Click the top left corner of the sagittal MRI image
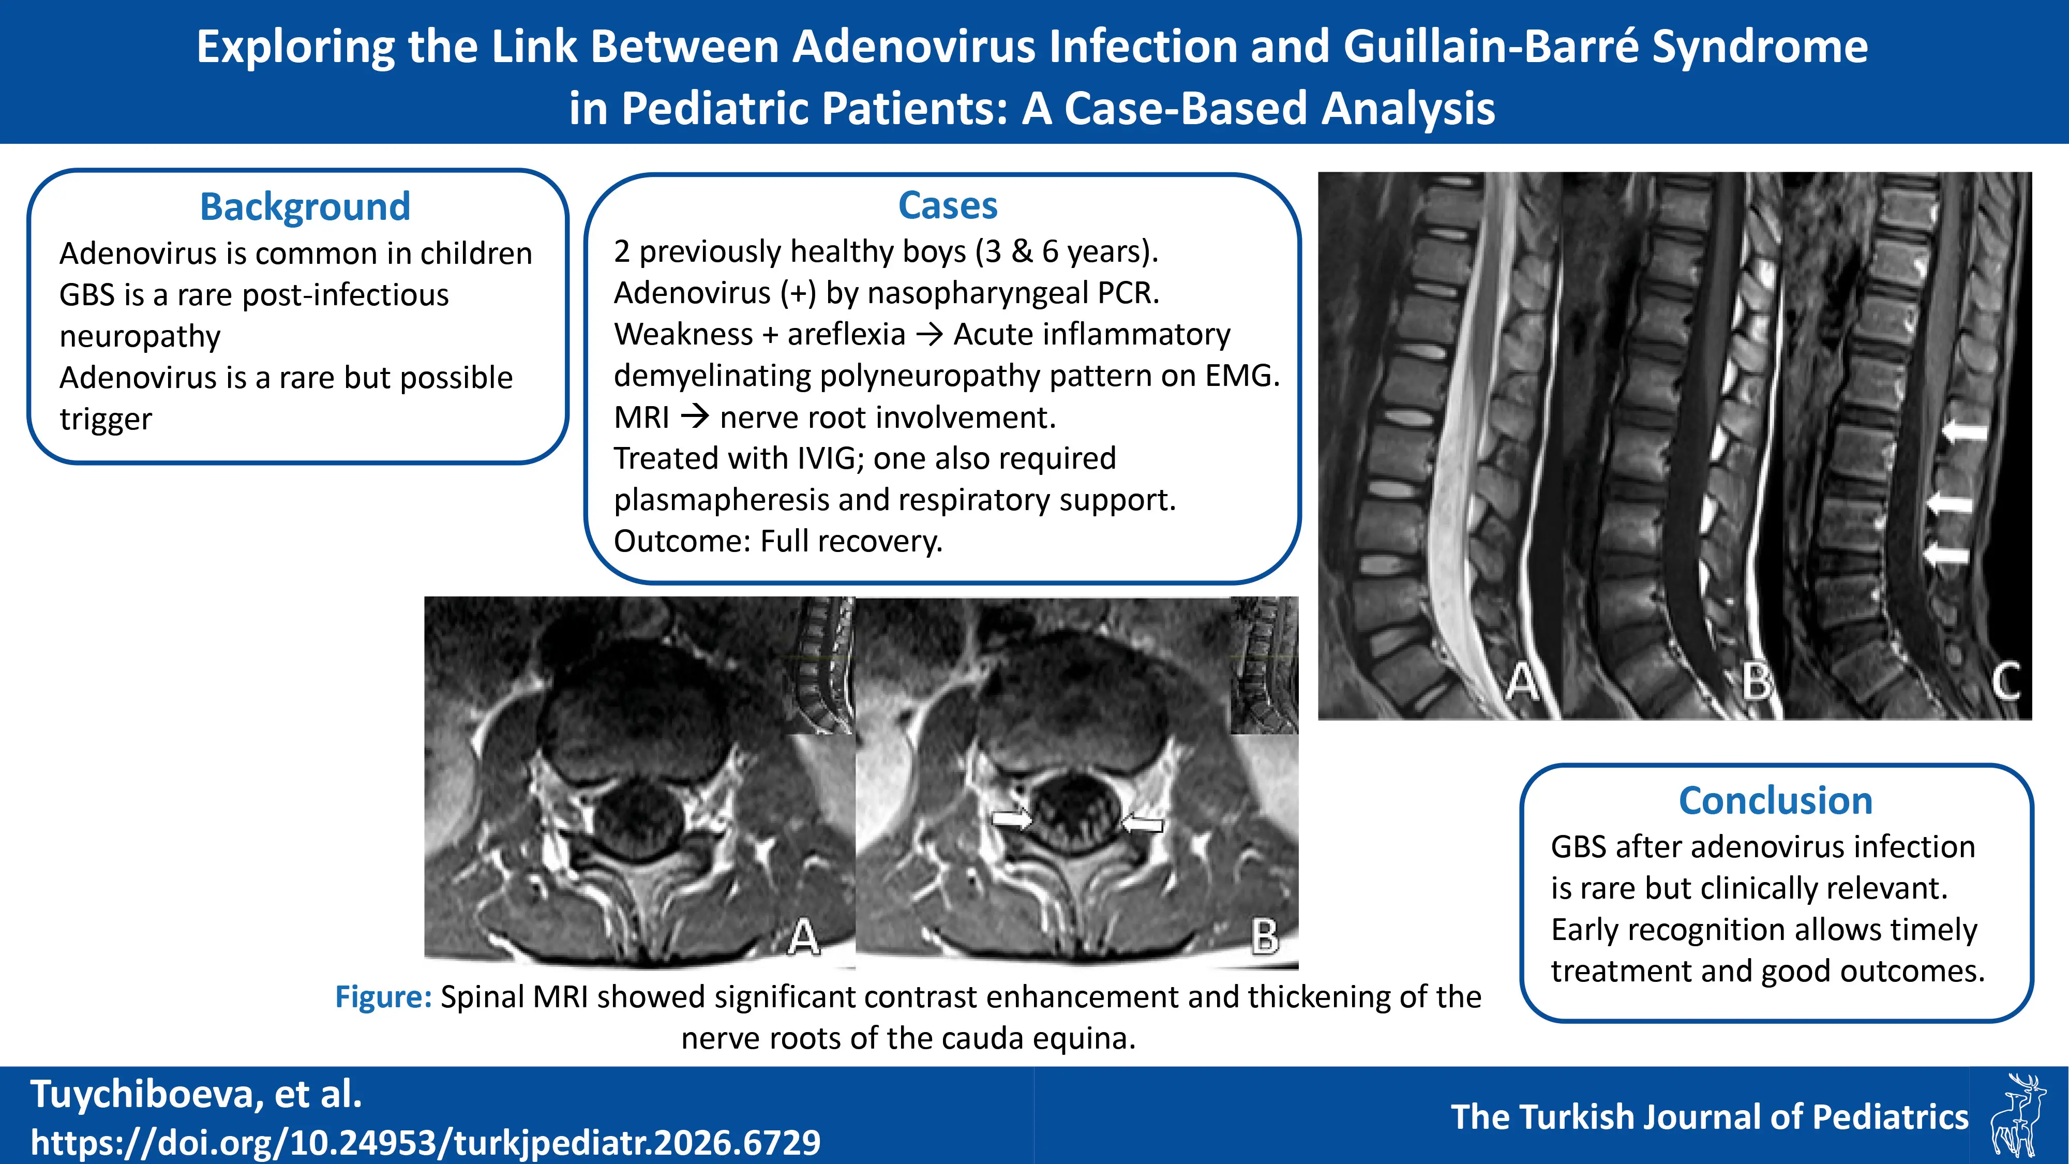pos(1319,173)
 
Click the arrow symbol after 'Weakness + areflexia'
pos(929,334)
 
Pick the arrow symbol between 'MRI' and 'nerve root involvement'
pos(695,417)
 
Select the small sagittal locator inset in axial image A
pos(821,667)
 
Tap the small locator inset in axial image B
pos(1264,665)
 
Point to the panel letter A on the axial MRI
pos(803,937)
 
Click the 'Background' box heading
pos(305,206)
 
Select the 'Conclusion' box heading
pos(1776,801)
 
